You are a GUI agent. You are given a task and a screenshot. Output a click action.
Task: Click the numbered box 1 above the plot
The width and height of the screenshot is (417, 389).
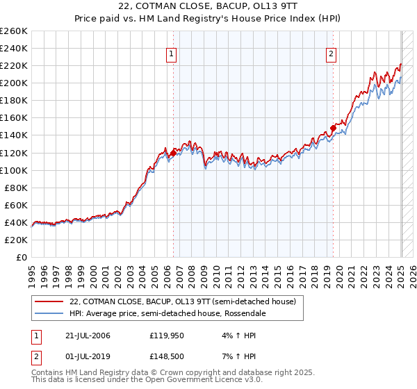[172, 55]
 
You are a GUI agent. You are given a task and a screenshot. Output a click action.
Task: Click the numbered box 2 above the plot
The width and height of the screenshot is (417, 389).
[332, 55]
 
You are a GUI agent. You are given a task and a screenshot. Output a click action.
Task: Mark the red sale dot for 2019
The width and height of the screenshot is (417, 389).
[333, 128]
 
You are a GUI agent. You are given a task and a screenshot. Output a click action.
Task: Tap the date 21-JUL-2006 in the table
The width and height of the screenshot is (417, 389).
[85, 336]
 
